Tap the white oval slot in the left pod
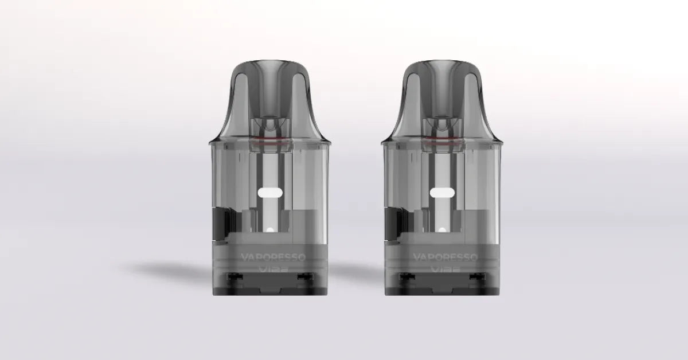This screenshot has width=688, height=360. (x=269, y=193)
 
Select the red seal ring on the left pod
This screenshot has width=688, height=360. (x=269, y=139)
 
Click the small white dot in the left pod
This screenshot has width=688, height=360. (x=269, y=230)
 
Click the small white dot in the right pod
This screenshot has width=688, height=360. (x=441, y=230)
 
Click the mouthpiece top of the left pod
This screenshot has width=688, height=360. (x=269, y=63)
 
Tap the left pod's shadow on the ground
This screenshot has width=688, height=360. (x=166, y=268)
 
